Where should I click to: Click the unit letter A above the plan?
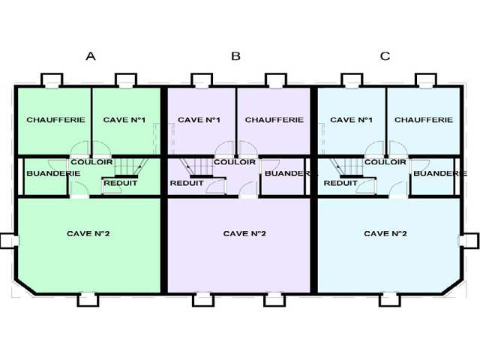click(x=91, y=56)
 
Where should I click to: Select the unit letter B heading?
click(x=235, y=56)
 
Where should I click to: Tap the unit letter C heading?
click(x=385, y=56)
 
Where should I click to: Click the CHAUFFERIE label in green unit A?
click(x=55, y=120)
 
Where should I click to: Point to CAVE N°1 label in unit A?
click(x=124, y=120)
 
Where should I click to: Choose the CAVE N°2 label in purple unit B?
click(x=244, y=233)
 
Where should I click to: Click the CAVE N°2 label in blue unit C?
click(x=385, y=233)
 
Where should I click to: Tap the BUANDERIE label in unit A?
click(x=53, y=173)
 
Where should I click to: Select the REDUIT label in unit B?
click(x=187, y=183)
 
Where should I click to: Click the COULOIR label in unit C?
click(x=385, y=162)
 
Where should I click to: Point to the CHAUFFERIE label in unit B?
click(x=274, y=120)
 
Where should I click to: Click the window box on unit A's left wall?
click(x=8, y=241)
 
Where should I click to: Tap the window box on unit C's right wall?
click(x=470, y=241)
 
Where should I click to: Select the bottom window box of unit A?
click(x=88, y=299)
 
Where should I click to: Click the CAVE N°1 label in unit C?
click(x=351, y=120)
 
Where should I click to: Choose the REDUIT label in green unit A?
click(x=121, y=183)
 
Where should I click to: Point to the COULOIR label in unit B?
click(x=235, y=162)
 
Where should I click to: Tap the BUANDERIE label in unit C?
click(x=440, y=173)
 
